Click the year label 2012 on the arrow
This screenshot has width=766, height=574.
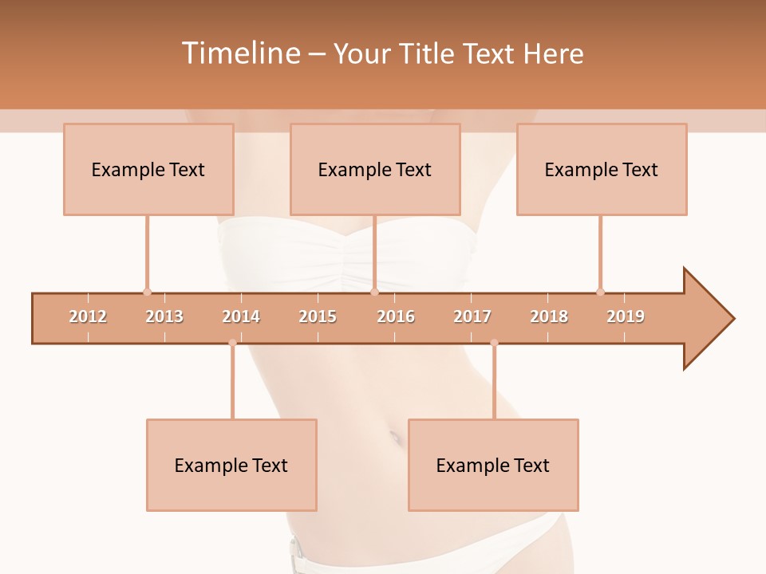click(x=88, y=316)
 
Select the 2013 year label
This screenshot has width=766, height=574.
click(x=164, y=316)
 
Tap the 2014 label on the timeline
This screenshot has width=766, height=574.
click(x=241, y=316)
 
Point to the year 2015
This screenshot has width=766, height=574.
click(x=318, y=316)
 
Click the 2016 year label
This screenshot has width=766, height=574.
click(x=396, y=316)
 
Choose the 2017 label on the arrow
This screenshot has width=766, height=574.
click(x=472, y=316)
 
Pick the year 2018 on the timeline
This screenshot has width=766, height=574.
click(x=549, y=316)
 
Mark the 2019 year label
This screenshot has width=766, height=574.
click(x=626, y=316)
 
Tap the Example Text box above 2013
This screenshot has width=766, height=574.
click(x=148, y=170)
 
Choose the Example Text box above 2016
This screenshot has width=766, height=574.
click(x=375, y=170)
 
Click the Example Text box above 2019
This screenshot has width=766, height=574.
click(x=602, y=170)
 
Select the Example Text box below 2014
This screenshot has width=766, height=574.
click(x=231, y=466)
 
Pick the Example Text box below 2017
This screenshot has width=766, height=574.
click(x=493, y=466)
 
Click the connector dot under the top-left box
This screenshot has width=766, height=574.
click(x=147, y=292)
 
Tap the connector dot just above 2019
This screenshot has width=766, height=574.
click(x=600, y=292)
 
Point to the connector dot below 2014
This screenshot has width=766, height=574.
click(x=232, y=344)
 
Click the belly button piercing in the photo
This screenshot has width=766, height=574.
click(x=394, y=435)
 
